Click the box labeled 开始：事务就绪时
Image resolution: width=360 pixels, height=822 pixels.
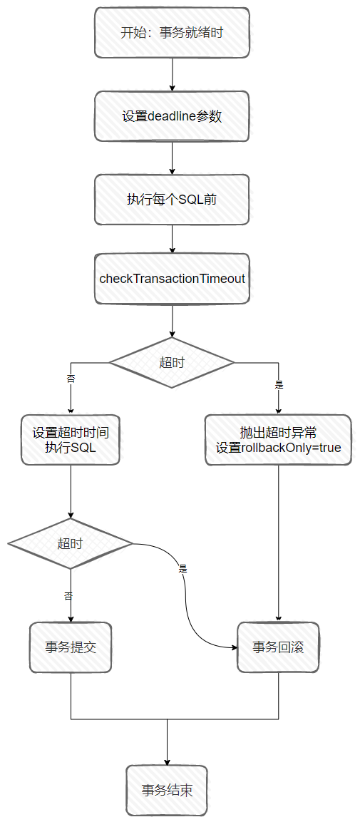pyautogui.click(x=172, y=33)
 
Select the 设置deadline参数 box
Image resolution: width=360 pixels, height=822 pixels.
pyautogui.click(x=172, y=116)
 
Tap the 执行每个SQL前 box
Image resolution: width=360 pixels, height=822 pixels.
pyautogui.click(x=172, y=200)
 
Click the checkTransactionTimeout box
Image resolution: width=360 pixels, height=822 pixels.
pyautogui.click(x=172, y=278)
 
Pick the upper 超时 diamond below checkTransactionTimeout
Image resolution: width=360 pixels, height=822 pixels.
pyautogui.click(x=171, y=363)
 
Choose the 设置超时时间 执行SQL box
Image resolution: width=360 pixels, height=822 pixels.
pyautogui.click(x=71, y=440)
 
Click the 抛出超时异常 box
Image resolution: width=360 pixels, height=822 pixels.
pyautogui.click(x=278, y=440)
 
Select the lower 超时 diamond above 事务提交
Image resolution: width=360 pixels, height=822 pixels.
pyautogui.click(x=71, y=544)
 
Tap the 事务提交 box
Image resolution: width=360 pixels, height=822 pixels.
pyautogui.click(x=71, y=647)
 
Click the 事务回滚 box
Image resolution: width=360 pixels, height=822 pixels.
pyautogui.click(x=278, y=647)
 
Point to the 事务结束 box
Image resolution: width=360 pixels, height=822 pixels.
pyautogui.click(x=167, y=790)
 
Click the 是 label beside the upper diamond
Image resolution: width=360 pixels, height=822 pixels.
pyautogui.click(x=279, y=384)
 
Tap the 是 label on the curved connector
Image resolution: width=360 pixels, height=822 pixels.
pyautogui.click(x=183, y=569)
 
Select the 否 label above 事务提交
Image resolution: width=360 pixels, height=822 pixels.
pyautogui.click(x=68, y=595)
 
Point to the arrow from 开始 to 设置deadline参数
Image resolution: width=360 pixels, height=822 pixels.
pyautogui.click(x=172, y=74)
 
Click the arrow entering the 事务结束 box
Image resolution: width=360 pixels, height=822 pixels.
pyautogui.click(x=167, y=742)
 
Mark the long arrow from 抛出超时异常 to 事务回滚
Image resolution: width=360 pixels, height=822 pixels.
pyautogui.click(x=278, y=544)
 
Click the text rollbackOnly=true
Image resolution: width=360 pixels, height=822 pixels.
pyautogui.click(x=291, y=448)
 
